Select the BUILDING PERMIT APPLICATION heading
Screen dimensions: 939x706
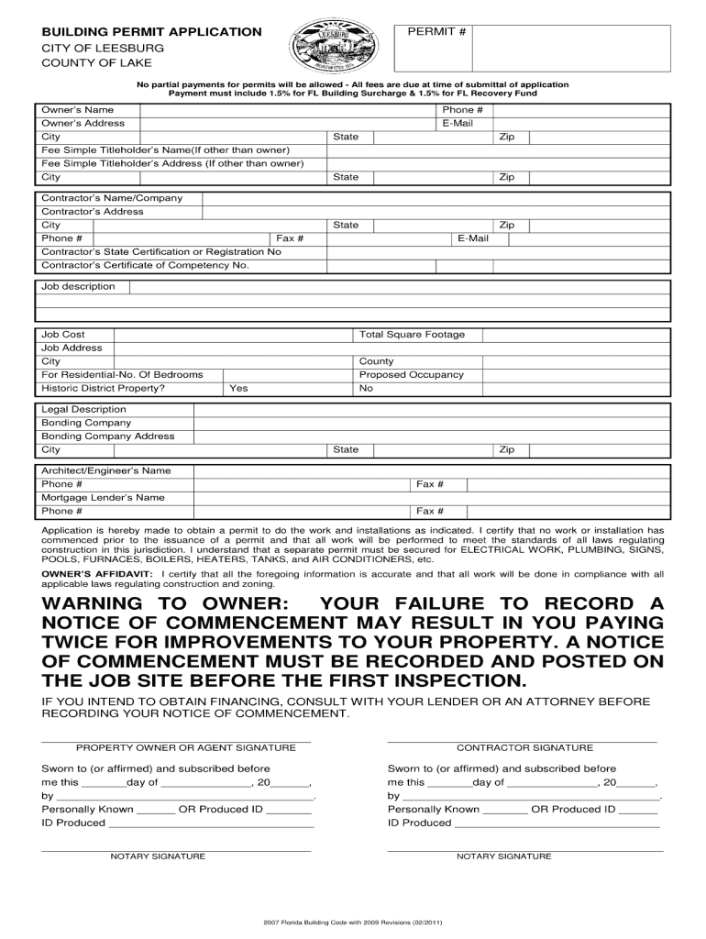[x=151, y=32]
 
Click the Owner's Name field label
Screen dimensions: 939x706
[x=78, y=110]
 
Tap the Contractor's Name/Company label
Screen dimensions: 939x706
[x=112, y=198]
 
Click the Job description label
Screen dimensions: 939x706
[x=78, y=287]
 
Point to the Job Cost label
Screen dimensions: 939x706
[x=63, y=335]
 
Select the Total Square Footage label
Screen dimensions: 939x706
[x=412, y=335]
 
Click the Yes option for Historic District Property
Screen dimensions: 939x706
[x=238, y=388]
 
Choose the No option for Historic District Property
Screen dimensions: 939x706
[x=367, y=388]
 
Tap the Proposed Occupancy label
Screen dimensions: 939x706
[x=412, y=374]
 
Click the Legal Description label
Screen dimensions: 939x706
[x=83, y=409]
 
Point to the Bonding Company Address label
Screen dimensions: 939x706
[x=107, y=436]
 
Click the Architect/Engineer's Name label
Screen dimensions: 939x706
[x=105, y=470]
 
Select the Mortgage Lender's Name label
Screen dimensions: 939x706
[x=103, y=497]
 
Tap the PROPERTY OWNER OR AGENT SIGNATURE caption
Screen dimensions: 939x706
[x=185, y=747]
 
